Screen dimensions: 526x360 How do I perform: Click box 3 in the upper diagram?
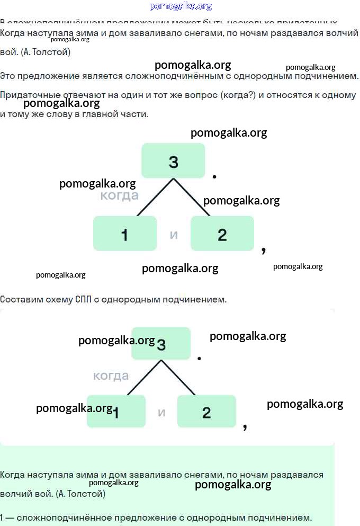(173, 161)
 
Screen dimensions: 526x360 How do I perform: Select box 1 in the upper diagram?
(125, 234)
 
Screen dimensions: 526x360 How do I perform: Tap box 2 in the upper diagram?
(222, 234)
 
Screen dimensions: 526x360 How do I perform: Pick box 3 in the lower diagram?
(161, 344)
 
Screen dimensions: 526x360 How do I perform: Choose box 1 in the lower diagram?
(116, 412)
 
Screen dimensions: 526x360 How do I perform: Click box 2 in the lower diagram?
(206, 412)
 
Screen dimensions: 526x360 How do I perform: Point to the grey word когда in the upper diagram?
(120, 195)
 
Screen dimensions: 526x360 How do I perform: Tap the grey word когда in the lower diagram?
(111, 376)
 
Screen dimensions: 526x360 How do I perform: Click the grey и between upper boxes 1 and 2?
(174, 234)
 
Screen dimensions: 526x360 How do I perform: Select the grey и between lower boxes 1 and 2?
(161, 412)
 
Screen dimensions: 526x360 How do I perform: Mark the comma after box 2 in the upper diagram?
(264, 249)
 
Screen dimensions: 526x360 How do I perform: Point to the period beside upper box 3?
(214, 176)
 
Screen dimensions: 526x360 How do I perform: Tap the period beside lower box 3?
(199, 359)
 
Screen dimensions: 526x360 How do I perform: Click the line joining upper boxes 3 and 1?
(155, 197)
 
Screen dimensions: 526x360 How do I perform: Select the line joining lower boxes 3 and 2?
(178, 378)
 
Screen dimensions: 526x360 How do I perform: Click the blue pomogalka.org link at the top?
(181, 6)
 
